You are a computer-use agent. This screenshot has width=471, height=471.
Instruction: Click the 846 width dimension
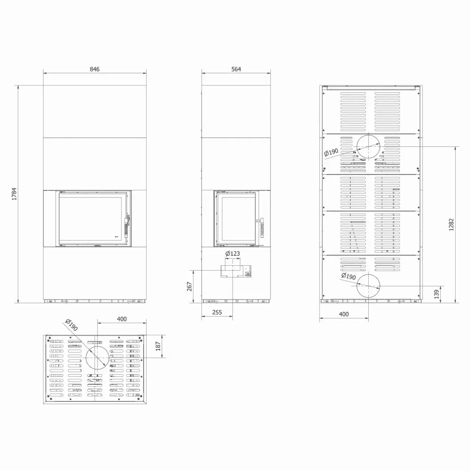(x=95, y=69)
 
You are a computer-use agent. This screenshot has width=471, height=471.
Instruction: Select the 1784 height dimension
(x=14, y=194)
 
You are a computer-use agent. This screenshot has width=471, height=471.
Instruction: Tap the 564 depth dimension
(x=236, y=69)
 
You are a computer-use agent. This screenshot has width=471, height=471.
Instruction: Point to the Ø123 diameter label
(x=233, y=254)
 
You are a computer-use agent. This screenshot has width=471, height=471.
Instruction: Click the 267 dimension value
(x=190, y=286)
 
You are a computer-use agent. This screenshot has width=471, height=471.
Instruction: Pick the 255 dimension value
(x=217, y=312)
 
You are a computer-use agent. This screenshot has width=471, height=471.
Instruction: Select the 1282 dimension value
(x=451, y=224)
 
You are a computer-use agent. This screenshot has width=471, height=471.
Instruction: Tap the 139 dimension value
(x=437, y=294)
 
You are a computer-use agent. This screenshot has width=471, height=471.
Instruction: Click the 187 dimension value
(x=158, y=346)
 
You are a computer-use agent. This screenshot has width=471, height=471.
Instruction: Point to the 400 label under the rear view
(x=344, y=314)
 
